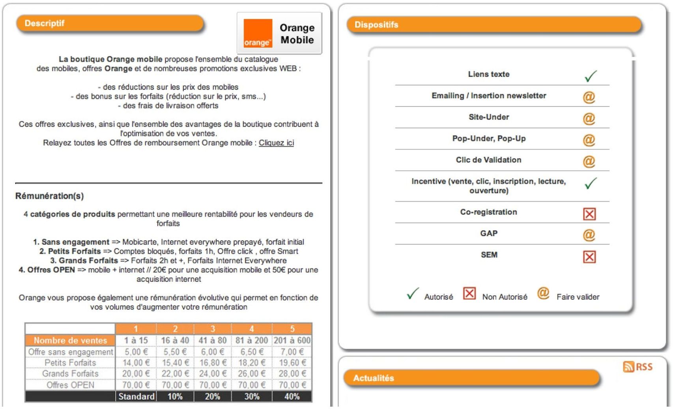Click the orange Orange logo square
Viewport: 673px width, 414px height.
tap(258, 33)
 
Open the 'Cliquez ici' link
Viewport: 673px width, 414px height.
tap(276, 143)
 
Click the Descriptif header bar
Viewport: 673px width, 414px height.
tap(110, 24)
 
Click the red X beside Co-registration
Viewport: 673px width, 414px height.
tap(589, 214)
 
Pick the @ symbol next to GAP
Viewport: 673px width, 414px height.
tap(589, 235)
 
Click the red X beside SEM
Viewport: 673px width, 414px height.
tap(589, 257)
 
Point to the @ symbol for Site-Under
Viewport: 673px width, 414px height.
tap(589, 118)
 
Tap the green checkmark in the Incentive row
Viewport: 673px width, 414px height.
tap(590, 183)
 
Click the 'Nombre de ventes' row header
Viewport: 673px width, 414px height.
tap(70, 340)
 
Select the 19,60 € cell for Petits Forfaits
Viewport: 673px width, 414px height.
tap(292, 363)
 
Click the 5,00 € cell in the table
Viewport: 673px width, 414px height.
tap(136, 352)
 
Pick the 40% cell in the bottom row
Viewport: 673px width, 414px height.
tap(292, 396)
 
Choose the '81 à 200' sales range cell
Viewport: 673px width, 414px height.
tap(252, 340)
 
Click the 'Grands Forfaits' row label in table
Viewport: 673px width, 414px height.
tap(70, 373)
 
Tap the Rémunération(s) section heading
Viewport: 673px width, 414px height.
tap(50, 196)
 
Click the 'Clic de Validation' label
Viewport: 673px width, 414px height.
tap(488, 160)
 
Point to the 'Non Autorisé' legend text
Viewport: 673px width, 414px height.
tap(505, 297)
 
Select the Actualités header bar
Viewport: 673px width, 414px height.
tap(471, 378)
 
